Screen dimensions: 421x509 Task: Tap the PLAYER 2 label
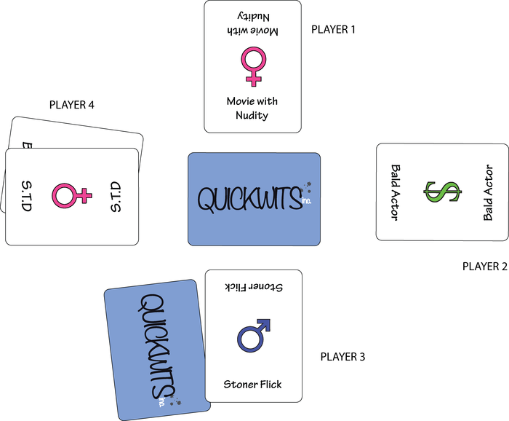coord(485,267)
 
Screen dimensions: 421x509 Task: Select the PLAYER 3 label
coord(342,357)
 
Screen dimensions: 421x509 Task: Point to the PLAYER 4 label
coord(72,105)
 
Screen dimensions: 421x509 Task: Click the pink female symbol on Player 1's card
coord(253,67)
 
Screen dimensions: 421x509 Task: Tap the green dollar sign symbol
coord(441,192)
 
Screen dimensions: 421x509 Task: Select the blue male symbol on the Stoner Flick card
coord(252,335)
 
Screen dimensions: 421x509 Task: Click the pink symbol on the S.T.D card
coord(72,195)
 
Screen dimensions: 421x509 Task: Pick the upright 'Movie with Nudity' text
coord(252,108)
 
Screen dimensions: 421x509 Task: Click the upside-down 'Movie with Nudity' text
coord(252,25)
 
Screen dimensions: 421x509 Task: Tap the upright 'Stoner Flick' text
coord(252,384)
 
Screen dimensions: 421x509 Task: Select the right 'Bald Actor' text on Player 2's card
coord(487,192)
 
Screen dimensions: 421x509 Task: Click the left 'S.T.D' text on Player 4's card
coord(27,196)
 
